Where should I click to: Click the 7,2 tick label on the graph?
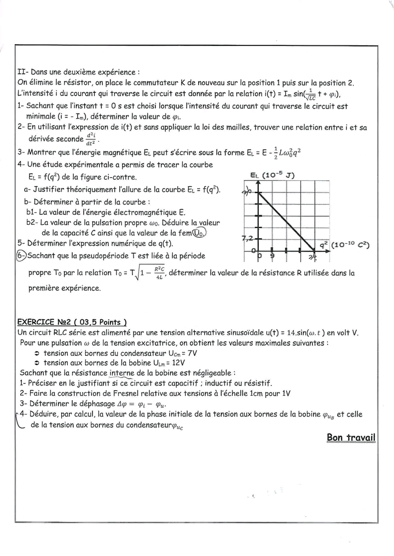click(x=247, y=238)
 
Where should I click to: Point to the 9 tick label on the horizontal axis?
click(x=273, y=255)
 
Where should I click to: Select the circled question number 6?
click(x=21, y=255)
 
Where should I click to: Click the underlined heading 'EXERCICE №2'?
click(x=53, y=322)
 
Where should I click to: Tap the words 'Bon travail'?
click(x=351, y=437)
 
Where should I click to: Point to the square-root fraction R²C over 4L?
click(x=158, y=272)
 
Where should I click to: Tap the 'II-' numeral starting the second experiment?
click(x=23, y=72)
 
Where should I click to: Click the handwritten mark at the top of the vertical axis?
click(x=247, y=191)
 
